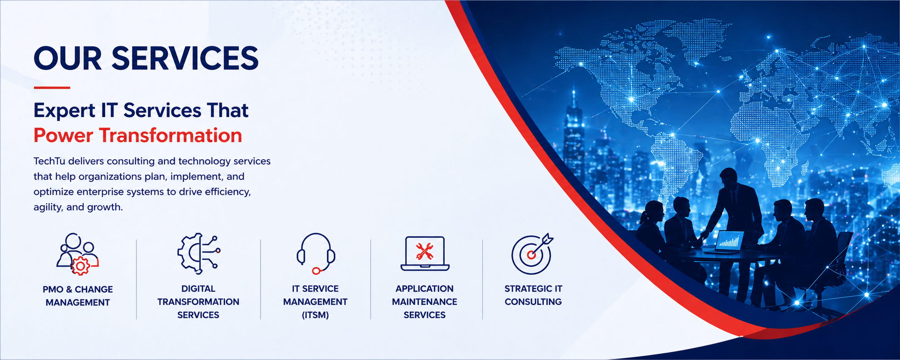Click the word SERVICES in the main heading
click(x=185, y=58)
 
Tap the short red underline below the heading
click(x=52, y=88)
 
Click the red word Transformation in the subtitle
click(x=170, y=135)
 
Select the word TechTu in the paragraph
click(x=49, y=161)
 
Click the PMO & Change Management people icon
click(x=78, y=254)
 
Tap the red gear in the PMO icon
click(x=81, y=266)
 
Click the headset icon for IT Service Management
click(x=316, y=253)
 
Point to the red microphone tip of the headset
click(x=316, y=271)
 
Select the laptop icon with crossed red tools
click(x=425, y=253)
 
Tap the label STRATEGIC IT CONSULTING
click(x=533, y=295)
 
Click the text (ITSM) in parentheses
click(x=315, y=315)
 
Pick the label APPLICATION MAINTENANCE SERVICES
click(x=425, y=302)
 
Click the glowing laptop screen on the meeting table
click(x=730, y=241)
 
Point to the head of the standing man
click(x=728, y=178)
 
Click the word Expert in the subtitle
click(x=64, y=111)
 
